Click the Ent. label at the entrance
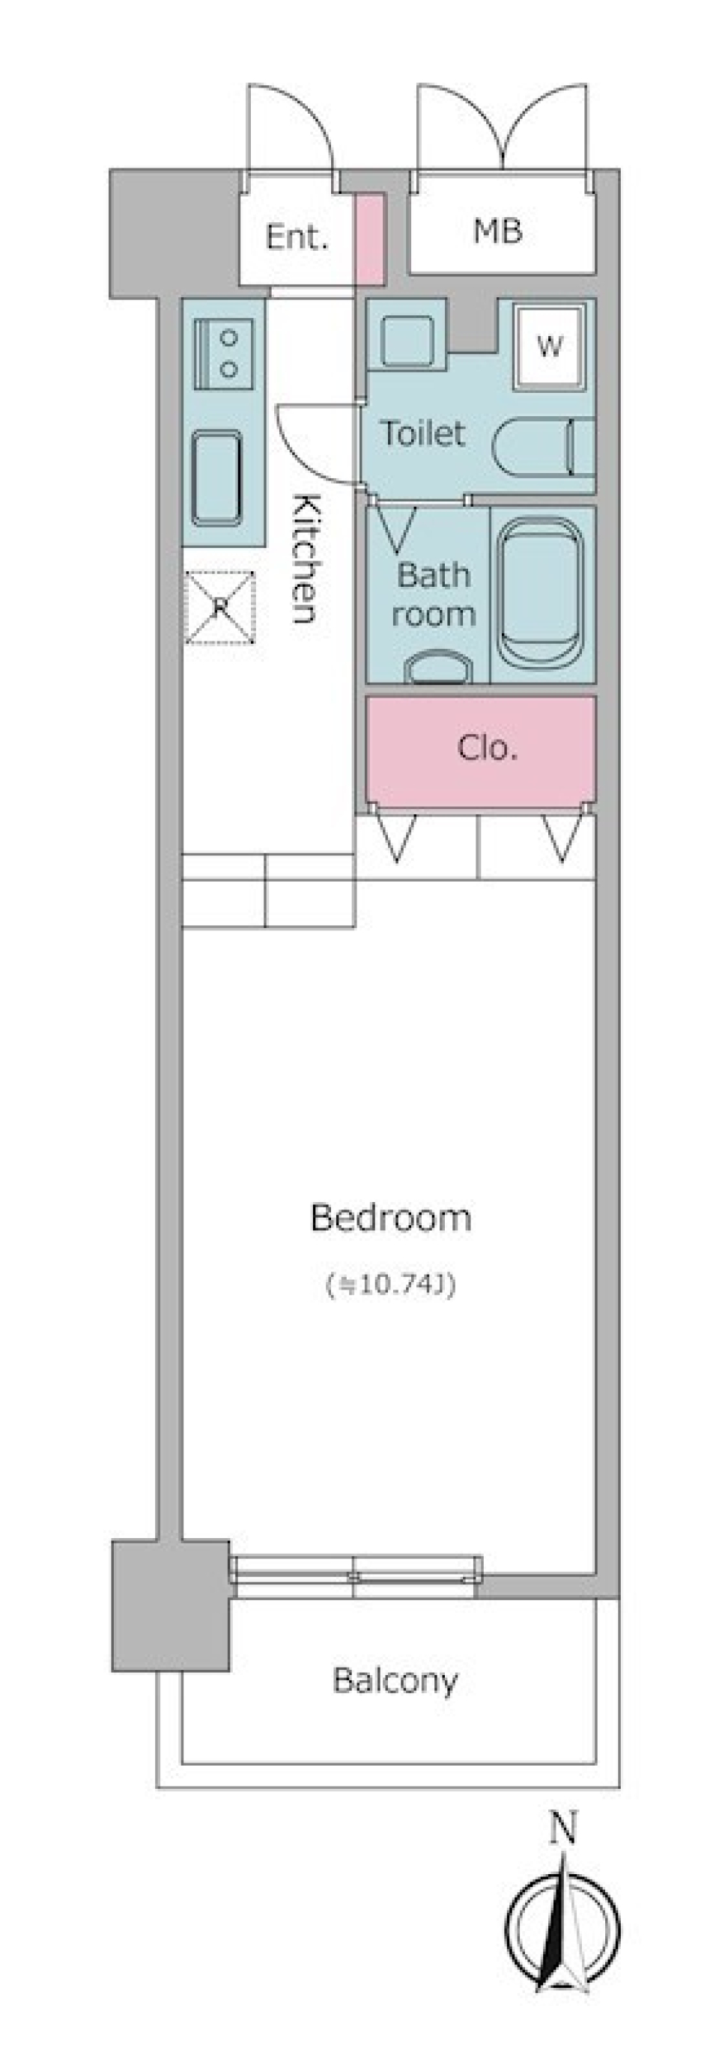point(297,239)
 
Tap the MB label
point(498,231)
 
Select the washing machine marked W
point(550,347)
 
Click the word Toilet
point(422,433)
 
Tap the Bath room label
point(433,595)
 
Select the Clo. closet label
point(487,748)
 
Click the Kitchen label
point(306,559)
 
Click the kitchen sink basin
point(217,478)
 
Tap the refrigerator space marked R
point(220,608)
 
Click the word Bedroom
point(390,1218)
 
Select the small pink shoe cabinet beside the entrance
point(370,239)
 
